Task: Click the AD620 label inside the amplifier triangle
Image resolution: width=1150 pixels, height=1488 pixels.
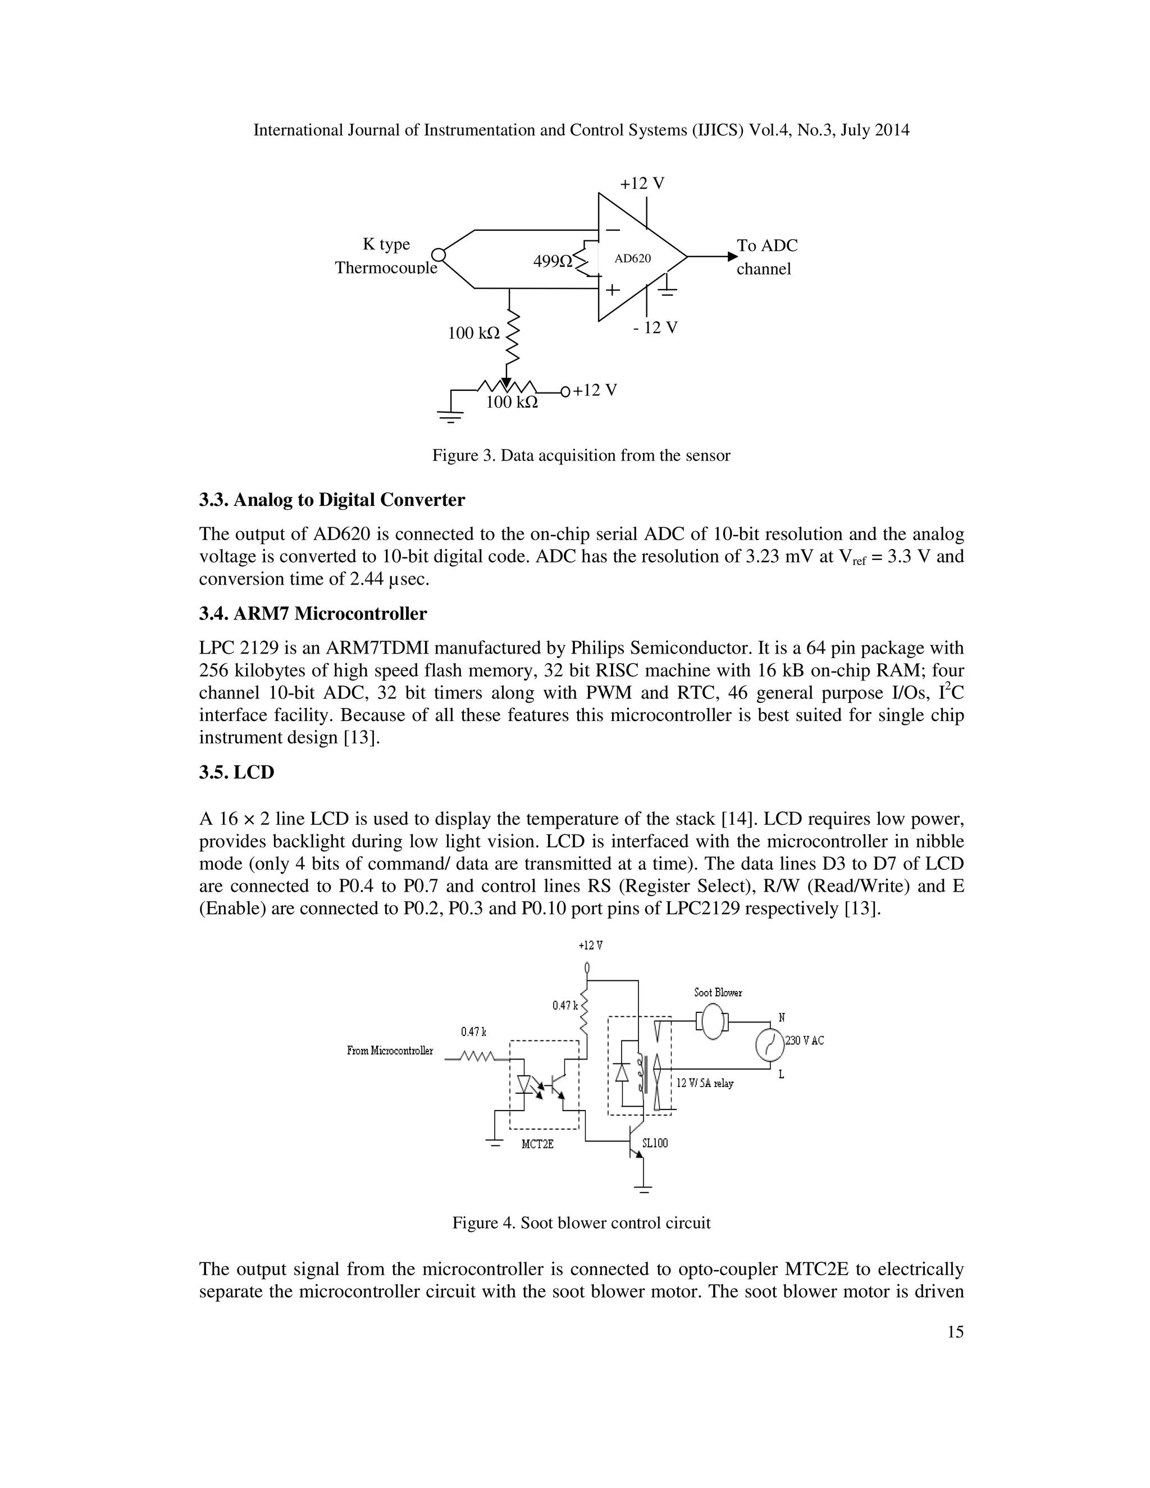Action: [x=632, y=259]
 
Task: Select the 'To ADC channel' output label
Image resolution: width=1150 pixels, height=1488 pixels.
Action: [x=766, y=257]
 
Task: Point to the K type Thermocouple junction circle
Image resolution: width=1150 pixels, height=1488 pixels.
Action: [x=439, y=255]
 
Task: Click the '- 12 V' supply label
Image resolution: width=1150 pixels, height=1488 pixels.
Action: [x=655, y=328]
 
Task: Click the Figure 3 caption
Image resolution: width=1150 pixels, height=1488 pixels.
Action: [x=581, y=456]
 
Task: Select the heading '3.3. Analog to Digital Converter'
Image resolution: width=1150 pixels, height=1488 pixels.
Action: [x=332, y=500]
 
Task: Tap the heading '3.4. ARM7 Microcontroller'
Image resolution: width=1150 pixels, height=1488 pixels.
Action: [x=313, y=614]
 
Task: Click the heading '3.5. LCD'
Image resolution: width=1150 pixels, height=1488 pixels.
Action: [x=236, y=773]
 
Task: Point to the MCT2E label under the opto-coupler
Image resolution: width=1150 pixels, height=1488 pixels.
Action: [x=537, y=1144]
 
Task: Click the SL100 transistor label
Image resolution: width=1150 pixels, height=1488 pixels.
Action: [x=655, y=1143]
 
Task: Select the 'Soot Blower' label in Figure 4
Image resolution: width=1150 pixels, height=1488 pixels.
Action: [x=718, y=993]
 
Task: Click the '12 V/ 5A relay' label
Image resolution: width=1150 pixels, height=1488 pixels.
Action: [x=705, y=1083]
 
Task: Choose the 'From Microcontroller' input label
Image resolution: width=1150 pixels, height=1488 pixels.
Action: [x=390, y=1051]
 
